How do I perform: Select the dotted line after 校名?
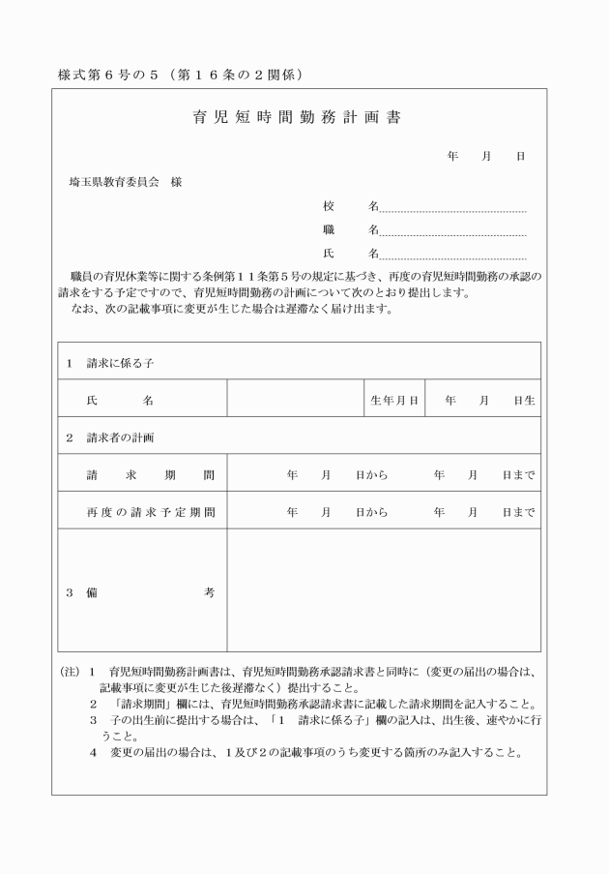(x=452, y=209)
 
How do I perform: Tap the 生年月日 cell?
(x=393, y=400)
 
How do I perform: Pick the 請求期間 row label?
(x=150, y=475)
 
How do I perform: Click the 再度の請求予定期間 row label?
(x=150, y=512)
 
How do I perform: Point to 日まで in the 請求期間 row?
(x=518, y=475)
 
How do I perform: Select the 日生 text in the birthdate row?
(x=524, y=400)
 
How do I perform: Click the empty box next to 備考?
(x=383, y=590)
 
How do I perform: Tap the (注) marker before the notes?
(x=69, y=671)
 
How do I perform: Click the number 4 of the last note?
(x=94, y=753)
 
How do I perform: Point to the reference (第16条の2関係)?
(x=238, y=75)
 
